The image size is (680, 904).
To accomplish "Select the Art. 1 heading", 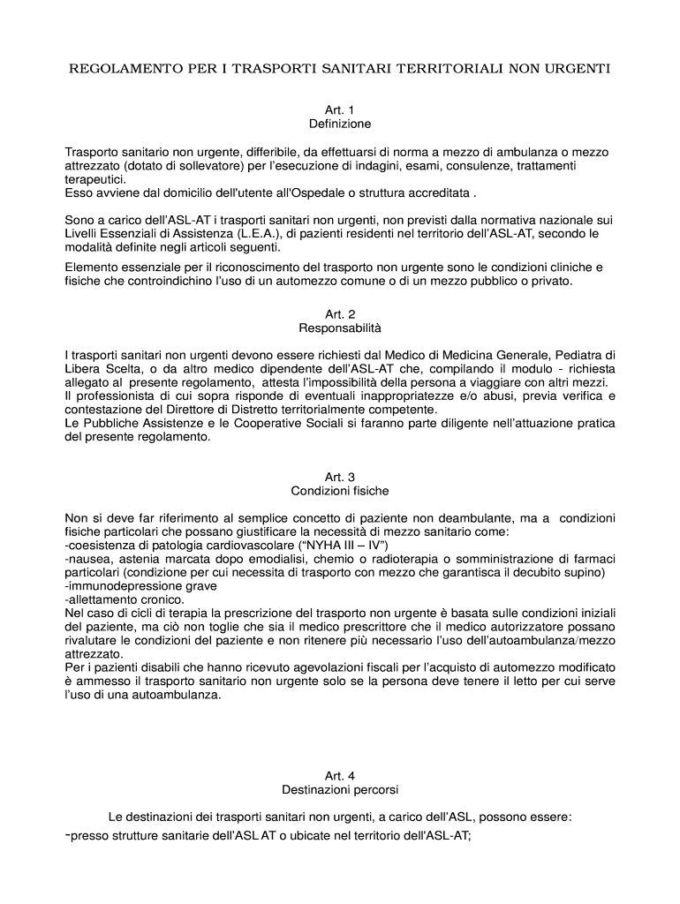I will [339, 109].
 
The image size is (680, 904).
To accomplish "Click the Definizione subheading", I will [339, 124].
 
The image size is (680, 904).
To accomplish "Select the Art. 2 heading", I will [339, 313].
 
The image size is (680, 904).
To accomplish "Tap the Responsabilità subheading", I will [339, 328].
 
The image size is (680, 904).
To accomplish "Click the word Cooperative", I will [255, 424].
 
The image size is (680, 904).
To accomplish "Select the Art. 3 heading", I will [339, 477].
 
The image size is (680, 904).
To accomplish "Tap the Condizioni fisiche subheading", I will [339, 491].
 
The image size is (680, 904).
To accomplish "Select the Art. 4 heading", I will [339, 776].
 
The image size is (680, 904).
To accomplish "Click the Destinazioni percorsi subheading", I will [339, 790].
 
